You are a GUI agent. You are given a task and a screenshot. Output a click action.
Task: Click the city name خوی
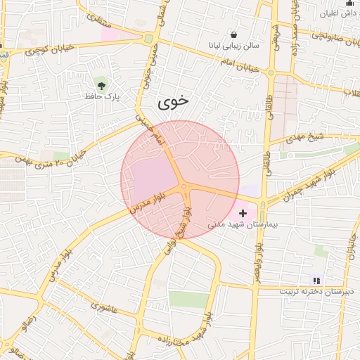click(173, 101)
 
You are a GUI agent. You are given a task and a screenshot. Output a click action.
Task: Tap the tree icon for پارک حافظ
click(103, 85)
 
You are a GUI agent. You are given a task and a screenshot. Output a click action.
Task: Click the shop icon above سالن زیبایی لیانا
click(233, 34)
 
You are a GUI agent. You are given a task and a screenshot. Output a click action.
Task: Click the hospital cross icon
click(243, 212)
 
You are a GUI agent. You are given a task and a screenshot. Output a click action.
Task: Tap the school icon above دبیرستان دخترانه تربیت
click(316, 280)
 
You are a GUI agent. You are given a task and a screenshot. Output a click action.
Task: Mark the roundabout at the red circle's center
click(183, 187)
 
